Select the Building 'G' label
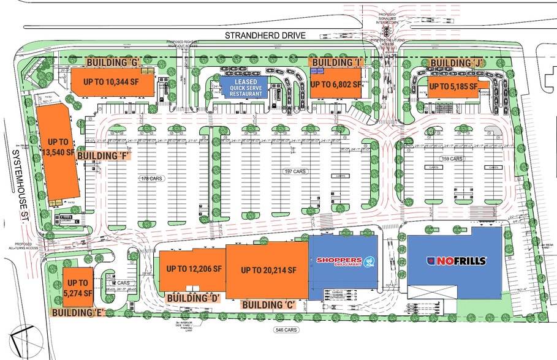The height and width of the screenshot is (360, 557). click(x=114, y=62)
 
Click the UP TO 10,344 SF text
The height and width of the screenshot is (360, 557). click(x=110, y=82)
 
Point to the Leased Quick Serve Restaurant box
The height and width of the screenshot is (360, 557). click(x=243, y=86)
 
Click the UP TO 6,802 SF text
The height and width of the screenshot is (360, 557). click(x=335, y=84)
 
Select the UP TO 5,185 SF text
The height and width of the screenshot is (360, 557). click(x=454, y=87)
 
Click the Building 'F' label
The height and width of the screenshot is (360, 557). click(x=102, y=156)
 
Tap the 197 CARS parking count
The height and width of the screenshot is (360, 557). click(x=295, y=172)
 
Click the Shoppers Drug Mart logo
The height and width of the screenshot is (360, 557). click(x=343, y=261)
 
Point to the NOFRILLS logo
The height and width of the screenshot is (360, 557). click(x=457, y=261)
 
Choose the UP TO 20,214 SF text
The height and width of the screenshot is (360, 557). click(x=268, y=270)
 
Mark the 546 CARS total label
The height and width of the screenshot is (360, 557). click(x=286, y=330)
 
